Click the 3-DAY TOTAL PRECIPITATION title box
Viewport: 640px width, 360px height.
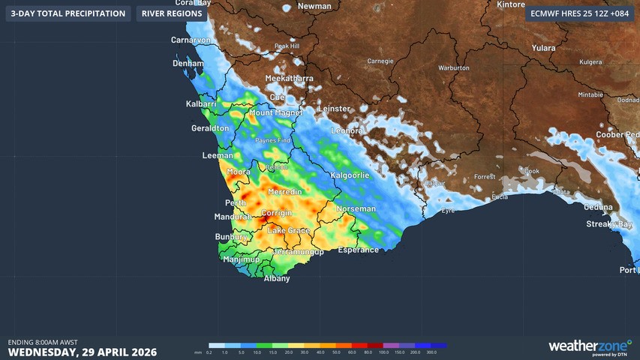68,13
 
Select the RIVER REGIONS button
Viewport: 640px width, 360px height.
172,13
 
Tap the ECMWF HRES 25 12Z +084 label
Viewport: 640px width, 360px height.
578,13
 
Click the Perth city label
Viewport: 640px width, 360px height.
236,203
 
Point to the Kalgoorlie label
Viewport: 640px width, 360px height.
350,175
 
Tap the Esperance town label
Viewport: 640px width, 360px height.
358,250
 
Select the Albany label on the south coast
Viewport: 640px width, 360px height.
277,278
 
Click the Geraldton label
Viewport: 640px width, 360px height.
210,128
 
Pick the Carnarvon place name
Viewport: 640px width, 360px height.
189,40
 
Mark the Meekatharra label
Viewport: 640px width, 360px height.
289,78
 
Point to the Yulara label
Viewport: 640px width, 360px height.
543,48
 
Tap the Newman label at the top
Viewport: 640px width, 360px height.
314,6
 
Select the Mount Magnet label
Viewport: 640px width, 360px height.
275,112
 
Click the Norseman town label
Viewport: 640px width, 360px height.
356,208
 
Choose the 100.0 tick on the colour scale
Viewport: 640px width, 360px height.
383,352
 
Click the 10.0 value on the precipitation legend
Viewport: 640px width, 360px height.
257,352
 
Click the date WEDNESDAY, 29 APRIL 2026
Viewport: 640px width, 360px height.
83,352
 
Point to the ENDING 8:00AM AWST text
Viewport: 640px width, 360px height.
43,342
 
